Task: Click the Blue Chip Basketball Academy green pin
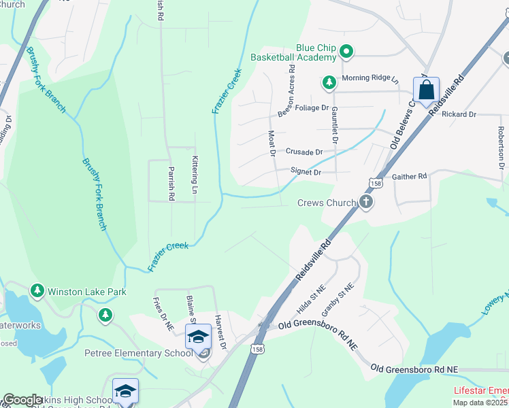coord(346,51)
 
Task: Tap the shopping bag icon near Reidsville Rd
coord(426,90)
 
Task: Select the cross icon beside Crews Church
coord(366,202)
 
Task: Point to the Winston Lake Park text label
coord(87,292)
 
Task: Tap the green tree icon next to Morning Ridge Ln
coord(329,83)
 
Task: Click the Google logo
coord(22,400)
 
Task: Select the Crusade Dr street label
coord(303,152)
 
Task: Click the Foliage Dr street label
coord(312,107)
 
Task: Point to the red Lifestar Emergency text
coord(480,392)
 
